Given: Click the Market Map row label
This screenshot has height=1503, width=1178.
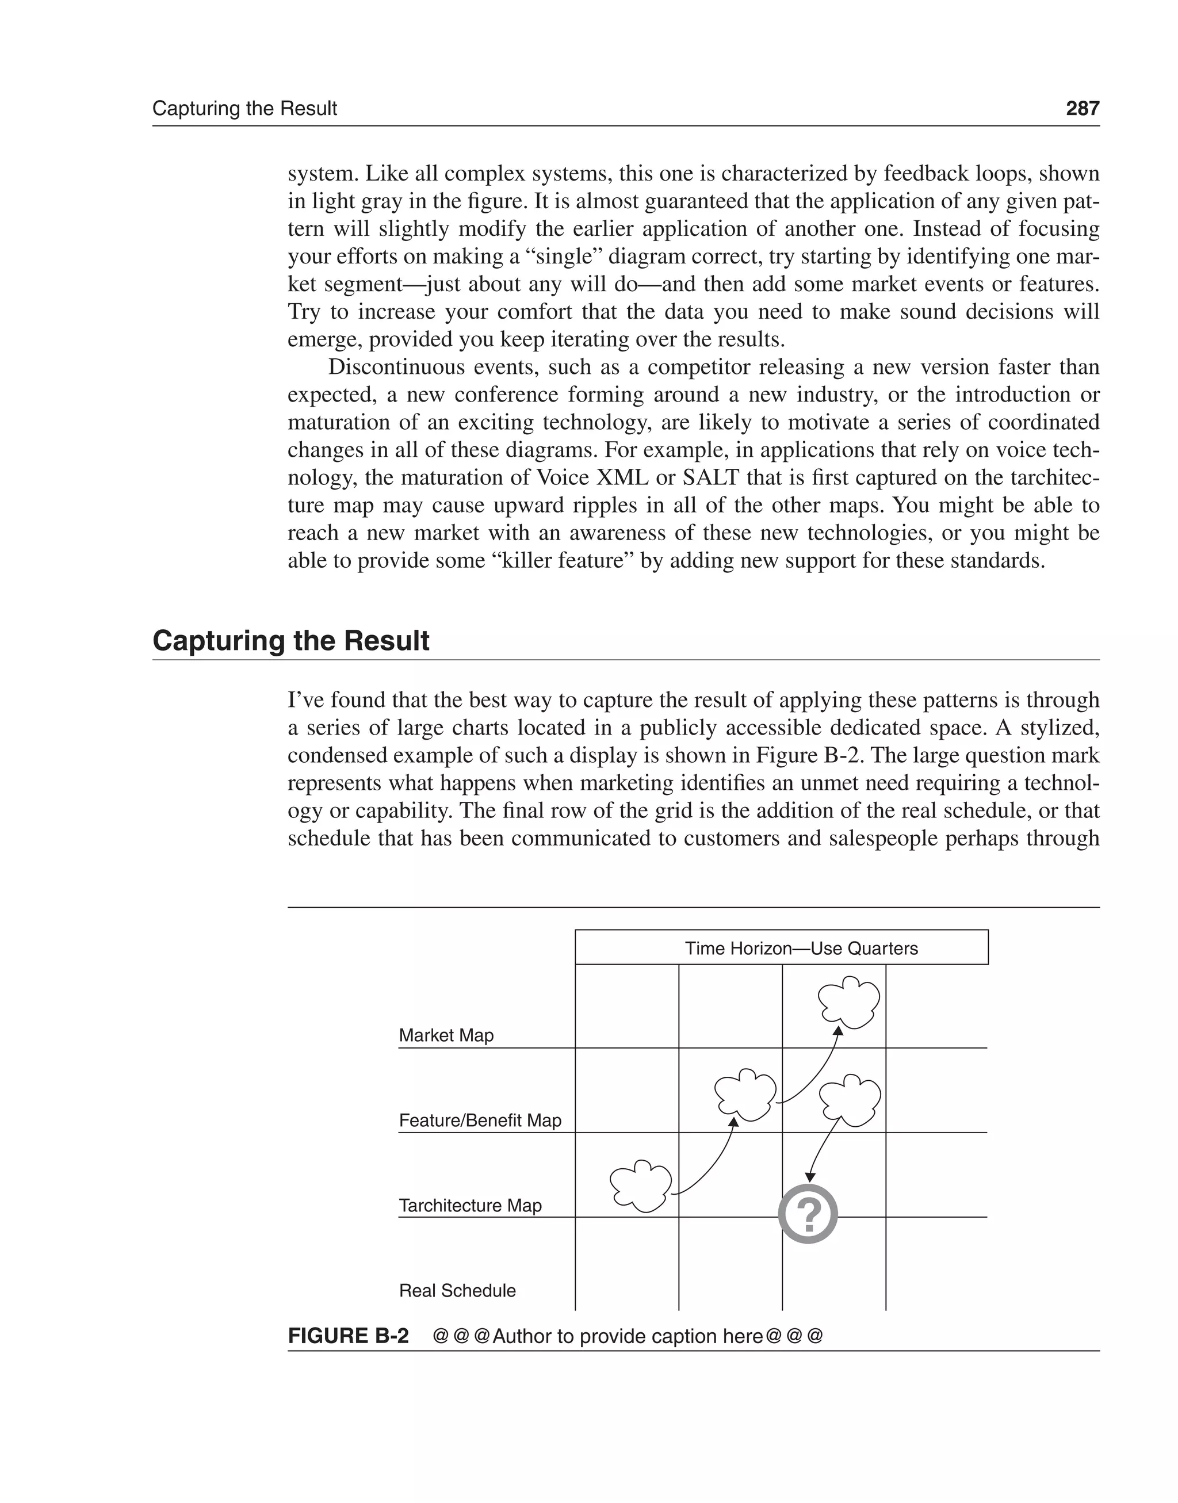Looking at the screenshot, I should point(446,1035).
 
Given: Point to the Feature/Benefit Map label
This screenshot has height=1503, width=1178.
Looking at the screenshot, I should point(480,1120).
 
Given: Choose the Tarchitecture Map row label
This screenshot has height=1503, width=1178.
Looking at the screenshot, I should point(470,1205).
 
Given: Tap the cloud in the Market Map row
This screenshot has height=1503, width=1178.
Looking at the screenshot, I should point(848,1001).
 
